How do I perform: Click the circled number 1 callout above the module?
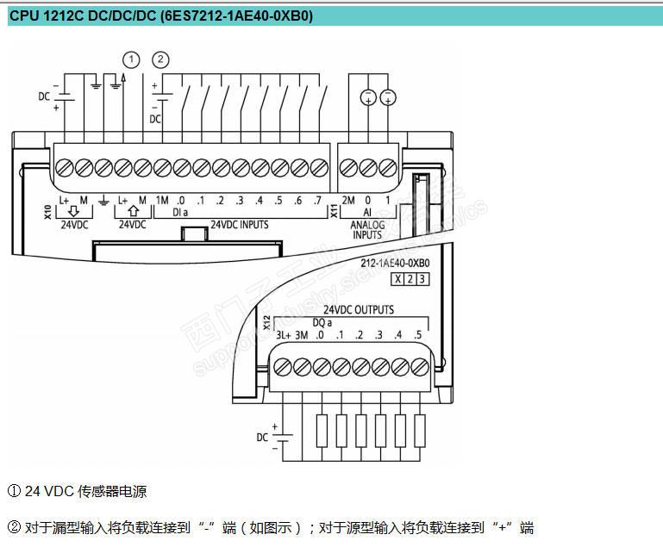(131, 59)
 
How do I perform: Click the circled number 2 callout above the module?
(159, 59)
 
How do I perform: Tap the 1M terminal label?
(162, 201)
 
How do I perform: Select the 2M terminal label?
(347, 201)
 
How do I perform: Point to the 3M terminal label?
(301, 335)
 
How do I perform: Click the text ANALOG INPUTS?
(367, 229)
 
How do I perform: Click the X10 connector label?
(47, 211)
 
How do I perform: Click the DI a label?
(180, 212)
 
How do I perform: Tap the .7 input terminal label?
(317, 201)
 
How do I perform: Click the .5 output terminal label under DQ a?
(418, 335)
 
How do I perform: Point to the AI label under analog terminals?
(366, 212)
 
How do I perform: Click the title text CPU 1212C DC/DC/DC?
(83, 15)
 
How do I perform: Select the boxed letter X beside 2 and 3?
(397, 278)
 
